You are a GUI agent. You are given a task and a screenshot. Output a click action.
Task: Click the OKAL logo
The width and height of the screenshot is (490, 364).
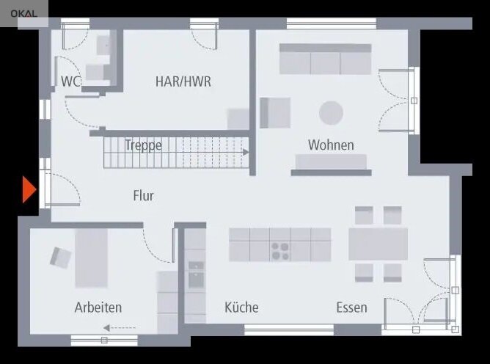(23, 14)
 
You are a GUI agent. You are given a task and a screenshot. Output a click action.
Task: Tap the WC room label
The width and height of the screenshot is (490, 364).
(71, 81)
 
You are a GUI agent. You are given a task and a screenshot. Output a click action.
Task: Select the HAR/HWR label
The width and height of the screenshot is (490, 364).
(183, 81)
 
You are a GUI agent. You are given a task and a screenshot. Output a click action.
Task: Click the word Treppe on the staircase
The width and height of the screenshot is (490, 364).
(144, 145)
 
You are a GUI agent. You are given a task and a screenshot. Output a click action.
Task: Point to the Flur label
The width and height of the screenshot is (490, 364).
(144, 196)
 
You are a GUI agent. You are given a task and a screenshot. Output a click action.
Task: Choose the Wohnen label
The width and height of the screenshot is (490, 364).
(331, 145)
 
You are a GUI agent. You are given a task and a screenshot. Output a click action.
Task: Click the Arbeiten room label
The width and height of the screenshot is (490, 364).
(98, 307)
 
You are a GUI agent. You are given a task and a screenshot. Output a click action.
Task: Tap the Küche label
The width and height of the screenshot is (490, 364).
(241, 307)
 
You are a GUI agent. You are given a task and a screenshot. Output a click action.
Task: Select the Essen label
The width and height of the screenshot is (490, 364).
(351, 307)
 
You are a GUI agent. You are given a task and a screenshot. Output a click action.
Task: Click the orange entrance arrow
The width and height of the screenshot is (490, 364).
(29, 189)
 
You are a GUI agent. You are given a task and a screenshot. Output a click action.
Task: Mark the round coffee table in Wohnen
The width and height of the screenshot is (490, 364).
(332, 113)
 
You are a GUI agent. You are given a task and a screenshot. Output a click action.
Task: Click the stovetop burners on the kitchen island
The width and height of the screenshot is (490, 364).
(280, 252)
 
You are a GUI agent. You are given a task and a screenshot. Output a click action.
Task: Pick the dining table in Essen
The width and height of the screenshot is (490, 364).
(378, 244)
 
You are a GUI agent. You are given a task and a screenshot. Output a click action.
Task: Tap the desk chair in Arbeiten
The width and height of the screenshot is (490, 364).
(61, 258)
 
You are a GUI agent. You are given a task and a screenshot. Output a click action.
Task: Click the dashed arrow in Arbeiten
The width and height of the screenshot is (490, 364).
(120, 328)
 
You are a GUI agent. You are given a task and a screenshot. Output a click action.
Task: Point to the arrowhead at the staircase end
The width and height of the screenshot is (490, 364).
(246, 153)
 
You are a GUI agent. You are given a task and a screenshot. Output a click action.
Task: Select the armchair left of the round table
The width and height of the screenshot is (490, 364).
(275, 113)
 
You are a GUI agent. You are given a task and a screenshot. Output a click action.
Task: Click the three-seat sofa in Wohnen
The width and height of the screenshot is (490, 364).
(325, 59)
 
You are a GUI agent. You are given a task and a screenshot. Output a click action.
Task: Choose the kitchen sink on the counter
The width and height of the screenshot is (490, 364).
(196, 275)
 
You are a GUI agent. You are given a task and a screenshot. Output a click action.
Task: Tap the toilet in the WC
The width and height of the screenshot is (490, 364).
(98, 73)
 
